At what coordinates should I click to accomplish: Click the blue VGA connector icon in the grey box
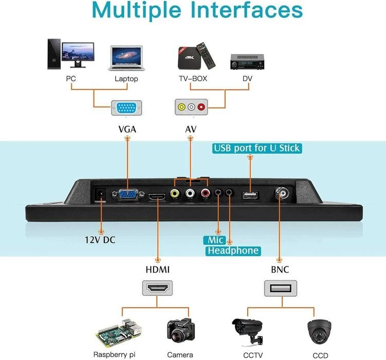(126, 109)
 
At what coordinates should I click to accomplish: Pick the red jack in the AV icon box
(201, 107)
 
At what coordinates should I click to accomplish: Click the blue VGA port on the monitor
(127, 195)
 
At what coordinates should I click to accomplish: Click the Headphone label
(233, 250)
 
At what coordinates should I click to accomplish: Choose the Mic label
(213, 240)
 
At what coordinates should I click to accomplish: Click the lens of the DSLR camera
(179, 336)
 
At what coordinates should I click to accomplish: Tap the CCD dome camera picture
(320, 331)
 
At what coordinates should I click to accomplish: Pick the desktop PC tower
(53, 55)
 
